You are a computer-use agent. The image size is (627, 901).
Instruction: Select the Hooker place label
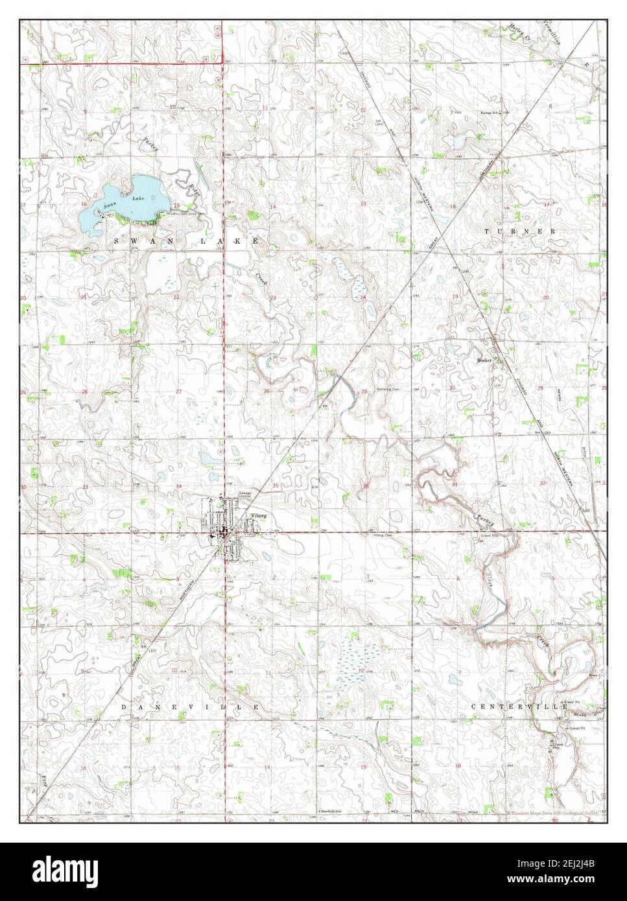click(x=484, y=359)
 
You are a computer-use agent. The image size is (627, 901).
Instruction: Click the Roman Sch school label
click(x=490, y=113)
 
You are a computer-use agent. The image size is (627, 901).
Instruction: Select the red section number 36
click(x=367, y=486)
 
